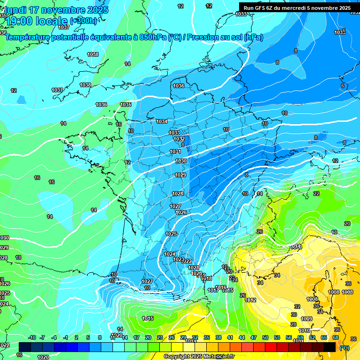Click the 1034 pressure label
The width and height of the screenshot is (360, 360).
click(162, 121)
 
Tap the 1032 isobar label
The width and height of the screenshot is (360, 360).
click(179, 139)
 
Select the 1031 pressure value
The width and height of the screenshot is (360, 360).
click(175, 151)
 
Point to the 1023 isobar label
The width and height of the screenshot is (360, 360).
click(178, 259)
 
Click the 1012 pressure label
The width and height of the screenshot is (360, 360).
click(250, 300)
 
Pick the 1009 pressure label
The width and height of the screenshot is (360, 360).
click(307, 319)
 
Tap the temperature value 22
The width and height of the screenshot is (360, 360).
click(316, 194)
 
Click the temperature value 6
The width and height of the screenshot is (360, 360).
click(342, 86)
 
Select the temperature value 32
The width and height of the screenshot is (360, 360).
click(297, 307)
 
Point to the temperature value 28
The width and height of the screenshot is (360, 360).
click(293, 324)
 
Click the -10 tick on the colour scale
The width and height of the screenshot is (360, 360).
click(32, 337)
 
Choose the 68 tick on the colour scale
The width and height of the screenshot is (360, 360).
click(336, 337)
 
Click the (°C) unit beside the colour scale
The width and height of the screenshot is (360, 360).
click(345, 348)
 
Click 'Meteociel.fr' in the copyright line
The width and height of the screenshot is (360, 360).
click(217, 357)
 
